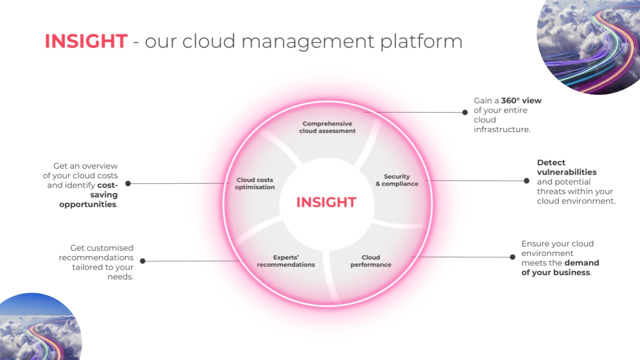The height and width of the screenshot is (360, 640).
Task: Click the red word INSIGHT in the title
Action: tap(86, 41)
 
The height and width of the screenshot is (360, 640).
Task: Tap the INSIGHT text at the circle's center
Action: tap(326, 202)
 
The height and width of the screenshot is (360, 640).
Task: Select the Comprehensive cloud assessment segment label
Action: tap(327, 127)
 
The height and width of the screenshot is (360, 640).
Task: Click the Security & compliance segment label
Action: tap(396, 180)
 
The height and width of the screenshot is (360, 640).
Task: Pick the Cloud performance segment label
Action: tap(370, 261)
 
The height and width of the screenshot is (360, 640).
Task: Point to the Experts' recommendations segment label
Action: tap(286, 261)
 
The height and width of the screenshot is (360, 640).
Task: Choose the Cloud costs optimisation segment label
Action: tap(255, 183)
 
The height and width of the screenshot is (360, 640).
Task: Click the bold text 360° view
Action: tap(521, 100)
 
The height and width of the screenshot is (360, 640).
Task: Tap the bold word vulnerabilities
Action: tap(566, 172)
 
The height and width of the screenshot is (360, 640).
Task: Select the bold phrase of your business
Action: tap(555, 272)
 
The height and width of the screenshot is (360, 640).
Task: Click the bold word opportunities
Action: tap(87, 204)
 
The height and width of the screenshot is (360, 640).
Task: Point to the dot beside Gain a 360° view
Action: tap(465, 112)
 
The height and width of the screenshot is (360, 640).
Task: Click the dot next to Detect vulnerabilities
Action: tap(526, 180)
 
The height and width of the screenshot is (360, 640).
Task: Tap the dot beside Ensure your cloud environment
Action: tap(512, 257)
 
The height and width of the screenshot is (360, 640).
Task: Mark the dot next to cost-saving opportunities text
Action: tap(128, 183)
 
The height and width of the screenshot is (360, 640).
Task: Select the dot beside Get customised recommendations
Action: tap(142, 261)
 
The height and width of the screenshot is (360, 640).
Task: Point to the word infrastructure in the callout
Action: tap(501, 129)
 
